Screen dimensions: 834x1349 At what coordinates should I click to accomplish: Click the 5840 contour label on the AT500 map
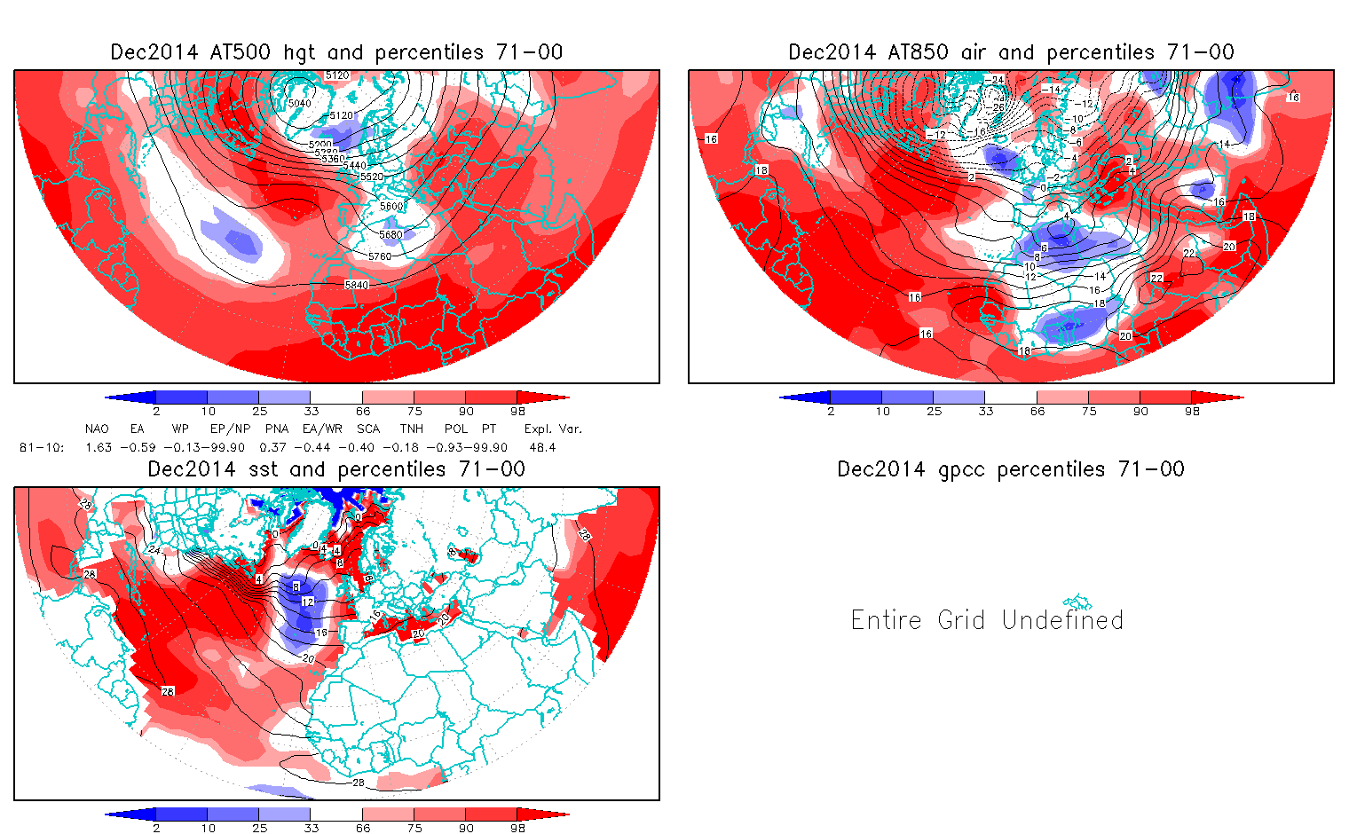tap(356, 285)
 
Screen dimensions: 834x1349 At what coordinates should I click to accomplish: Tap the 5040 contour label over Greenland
tap(300, 103)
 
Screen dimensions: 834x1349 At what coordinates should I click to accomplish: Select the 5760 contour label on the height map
tap(379, 256)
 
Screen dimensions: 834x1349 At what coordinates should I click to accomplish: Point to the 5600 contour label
tap(390, 207)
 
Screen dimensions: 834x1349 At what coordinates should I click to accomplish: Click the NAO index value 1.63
tap(98, 447)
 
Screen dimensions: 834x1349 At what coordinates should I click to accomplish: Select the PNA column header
tap(276, 429)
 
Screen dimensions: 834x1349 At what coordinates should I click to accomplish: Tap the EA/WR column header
tap(321, 429)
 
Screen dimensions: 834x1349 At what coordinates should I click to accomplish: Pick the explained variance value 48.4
tap(542, 447)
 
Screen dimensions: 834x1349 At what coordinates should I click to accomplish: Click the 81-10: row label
tap(41, 447)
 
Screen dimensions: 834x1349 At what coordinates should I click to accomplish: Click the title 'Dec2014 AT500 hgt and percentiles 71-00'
tap(336, 52)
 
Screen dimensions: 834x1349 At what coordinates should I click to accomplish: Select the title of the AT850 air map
tap(1011, 52)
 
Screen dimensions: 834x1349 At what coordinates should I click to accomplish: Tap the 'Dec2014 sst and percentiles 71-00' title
tap(336, 469)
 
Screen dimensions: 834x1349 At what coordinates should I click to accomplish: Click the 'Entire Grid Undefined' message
tap(987, 619)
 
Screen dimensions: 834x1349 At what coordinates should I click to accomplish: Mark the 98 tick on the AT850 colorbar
tap(1192, 412)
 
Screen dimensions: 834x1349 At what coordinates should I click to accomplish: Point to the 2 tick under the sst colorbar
tap(156, 828)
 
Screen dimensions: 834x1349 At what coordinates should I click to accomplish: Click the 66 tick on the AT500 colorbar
tap(363, 412)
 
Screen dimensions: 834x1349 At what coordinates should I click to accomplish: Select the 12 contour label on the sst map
tap(307, 602)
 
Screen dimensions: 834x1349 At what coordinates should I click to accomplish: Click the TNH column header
tap(411, 429)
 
